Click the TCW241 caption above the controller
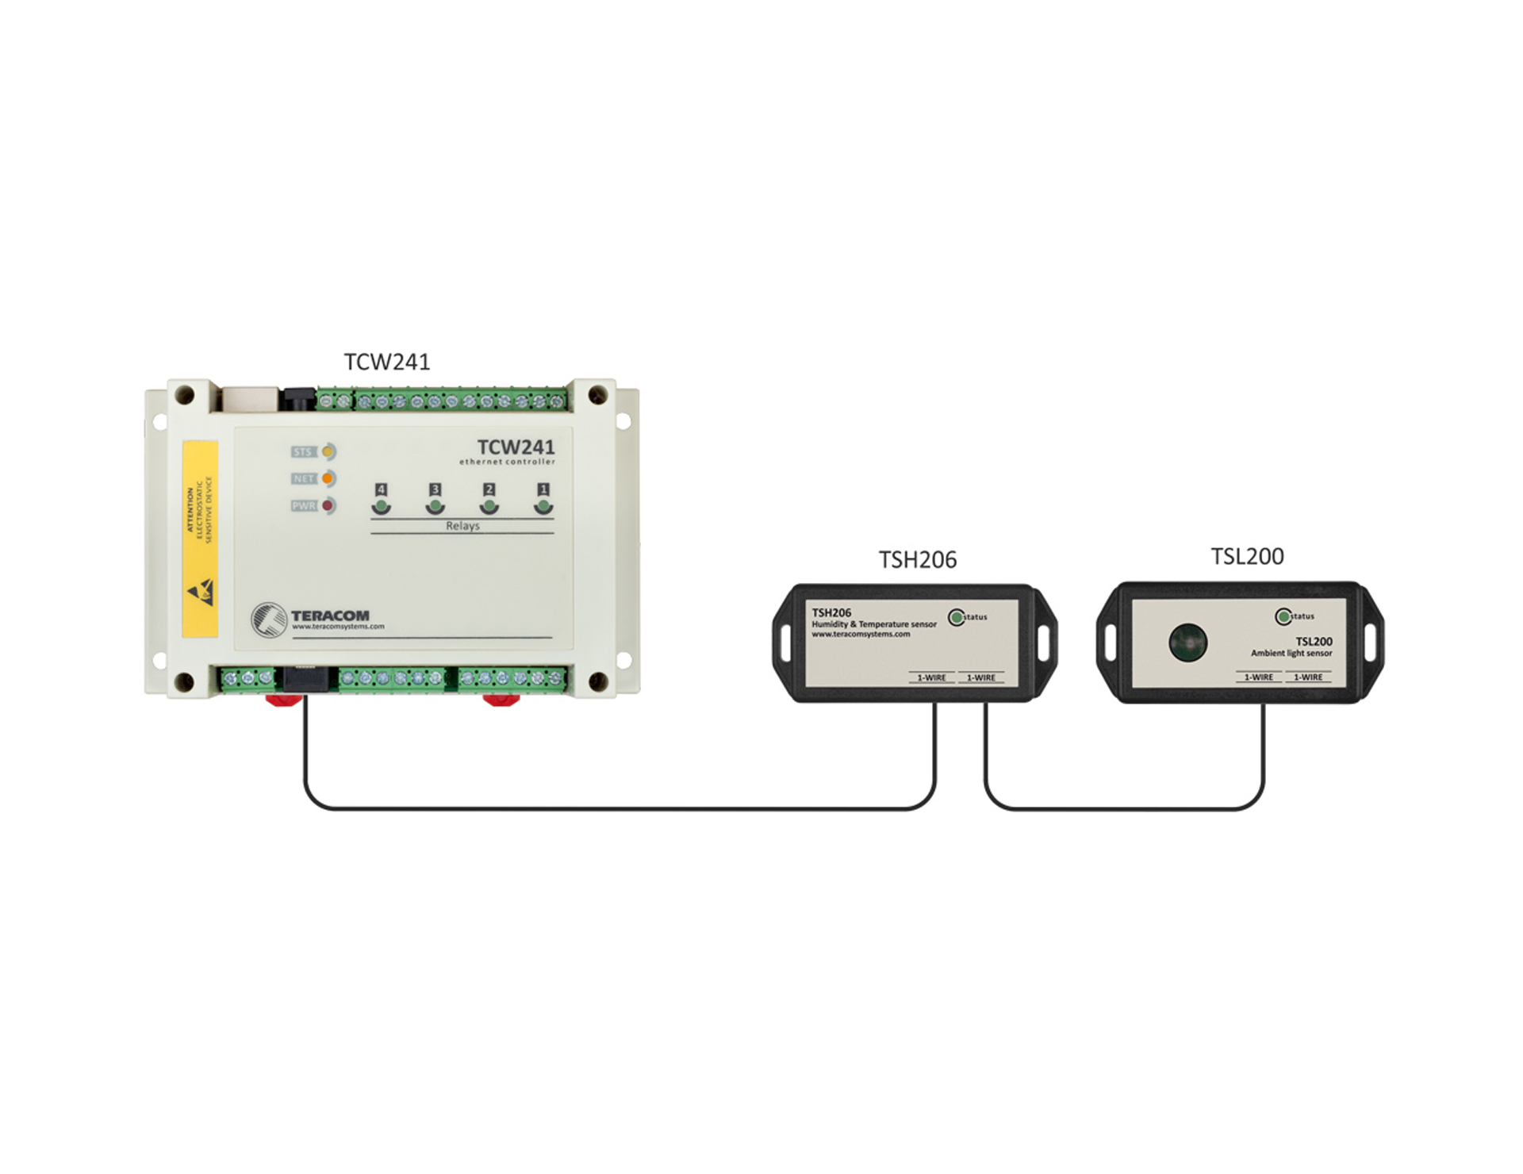(x=386, y=363)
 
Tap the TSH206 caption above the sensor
(x=917, y=560)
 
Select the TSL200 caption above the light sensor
(x=1247, y=557)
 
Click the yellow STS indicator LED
(x=328, y=452)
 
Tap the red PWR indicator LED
(x=327, y=506)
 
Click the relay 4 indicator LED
(x=382, y=505)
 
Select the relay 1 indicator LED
(x=543, y=505)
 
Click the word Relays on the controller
(x=462, y=526)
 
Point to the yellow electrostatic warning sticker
(x=200, y=539)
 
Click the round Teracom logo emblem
(x=268, y=620)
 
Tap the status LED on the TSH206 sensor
(x=957, y=616)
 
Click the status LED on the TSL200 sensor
(x=1283, y=616)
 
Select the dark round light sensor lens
(x=1188, y=642)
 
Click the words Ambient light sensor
(x=1291, y=654)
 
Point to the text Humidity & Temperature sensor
(x=873, y=624)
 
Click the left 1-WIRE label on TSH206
(x=931, y=678)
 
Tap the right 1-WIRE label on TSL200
(x=1308, y=677)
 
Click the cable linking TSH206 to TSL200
(x=1124, y=809)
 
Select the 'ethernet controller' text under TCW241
(x=507, y=462)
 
